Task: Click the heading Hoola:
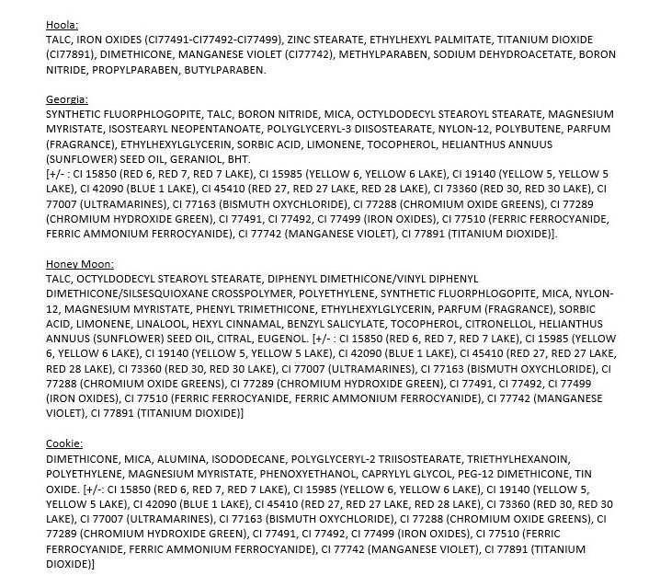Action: (62, 26)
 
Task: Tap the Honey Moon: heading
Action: (80, 264)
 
